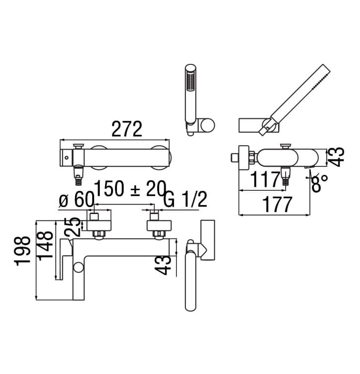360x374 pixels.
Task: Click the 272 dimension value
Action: tap(127, 129)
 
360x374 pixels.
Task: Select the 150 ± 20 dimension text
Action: tap(130, 188)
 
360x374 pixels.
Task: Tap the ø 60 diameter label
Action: tap(76, 199)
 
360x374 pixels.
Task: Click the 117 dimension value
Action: tap(265, 180)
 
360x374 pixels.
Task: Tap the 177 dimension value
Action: tap(277, 205)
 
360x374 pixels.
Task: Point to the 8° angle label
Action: tap(319, 183)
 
